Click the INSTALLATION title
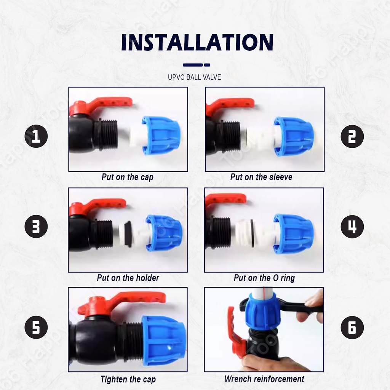(197, 42)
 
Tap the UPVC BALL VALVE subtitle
(195, 77)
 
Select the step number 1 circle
(36, 136)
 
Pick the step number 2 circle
(352, 136)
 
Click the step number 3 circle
(36, 226)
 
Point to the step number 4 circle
(352, 226)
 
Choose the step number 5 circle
(36, 327)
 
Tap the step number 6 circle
(352, 327)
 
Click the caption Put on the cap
(128, 177)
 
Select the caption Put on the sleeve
(261, 177)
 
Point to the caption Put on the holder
(128, 278)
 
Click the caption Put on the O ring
(264, 278)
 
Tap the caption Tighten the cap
(128, 379)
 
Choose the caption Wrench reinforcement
(264, 379)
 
